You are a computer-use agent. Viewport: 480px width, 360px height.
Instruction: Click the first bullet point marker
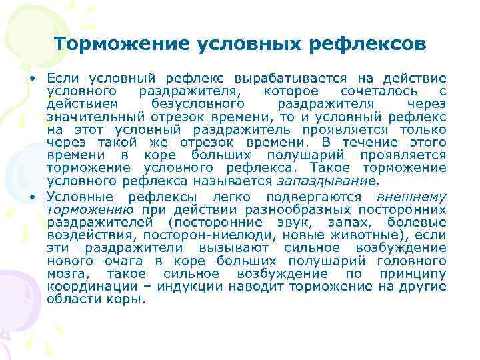click(x=32, y=79)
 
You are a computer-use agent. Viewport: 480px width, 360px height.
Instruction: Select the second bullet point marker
click(x=32, y=198)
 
